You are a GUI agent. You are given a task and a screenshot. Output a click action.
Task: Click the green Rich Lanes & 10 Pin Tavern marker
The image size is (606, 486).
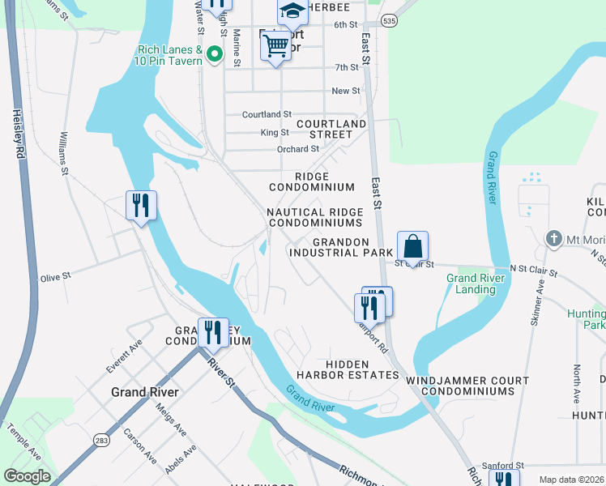pyautogui.click(x=215, y=54)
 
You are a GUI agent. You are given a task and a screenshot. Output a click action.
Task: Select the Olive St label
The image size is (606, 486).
pyautogui.click(x=56, y=276)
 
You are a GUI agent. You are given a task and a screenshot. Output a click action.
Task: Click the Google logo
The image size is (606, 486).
pyautogui.click(x=26, y=476)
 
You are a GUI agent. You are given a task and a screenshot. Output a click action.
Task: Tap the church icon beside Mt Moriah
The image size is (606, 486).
pyautogui.click(x=553, y=238)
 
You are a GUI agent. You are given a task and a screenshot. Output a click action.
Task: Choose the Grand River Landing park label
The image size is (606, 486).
pyautogui.click(x=476, y=283)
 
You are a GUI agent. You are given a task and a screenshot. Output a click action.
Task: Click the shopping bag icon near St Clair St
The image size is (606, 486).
pyautogui.click(x=412, y=246)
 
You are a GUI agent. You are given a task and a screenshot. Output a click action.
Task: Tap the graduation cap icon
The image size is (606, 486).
pyautogui.click(x=292, y=11)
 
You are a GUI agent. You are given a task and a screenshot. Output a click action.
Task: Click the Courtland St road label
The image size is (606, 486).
pyautogui.click(x=267, y=115)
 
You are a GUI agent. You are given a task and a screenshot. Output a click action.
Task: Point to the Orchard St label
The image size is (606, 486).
pyautogui.click(x=297, y=149)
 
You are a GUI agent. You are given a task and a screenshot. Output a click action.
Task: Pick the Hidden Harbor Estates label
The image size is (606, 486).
pyautogui.click(x=363, y=369)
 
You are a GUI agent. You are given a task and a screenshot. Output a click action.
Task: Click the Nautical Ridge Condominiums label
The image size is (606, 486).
pyautogui.click(x=315, y=217)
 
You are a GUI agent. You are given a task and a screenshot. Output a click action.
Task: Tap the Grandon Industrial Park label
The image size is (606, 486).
pyautogui.click(x=341, y=247)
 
